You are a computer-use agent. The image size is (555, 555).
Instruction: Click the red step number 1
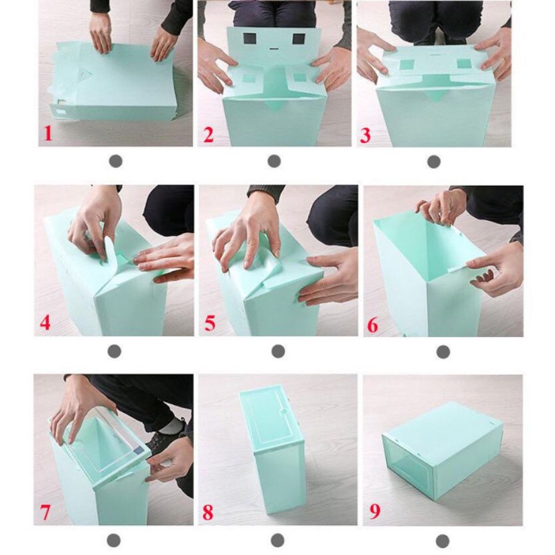(48, 133)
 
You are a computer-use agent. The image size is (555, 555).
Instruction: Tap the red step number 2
(208, 135)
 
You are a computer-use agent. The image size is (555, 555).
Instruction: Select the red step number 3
(365, 135)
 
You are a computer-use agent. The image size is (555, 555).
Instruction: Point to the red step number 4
(45, 323)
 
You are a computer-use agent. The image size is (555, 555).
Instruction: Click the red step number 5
(210, 323)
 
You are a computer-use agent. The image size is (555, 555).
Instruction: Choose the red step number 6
(373, 325)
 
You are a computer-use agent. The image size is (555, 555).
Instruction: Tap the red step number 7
(45, 512)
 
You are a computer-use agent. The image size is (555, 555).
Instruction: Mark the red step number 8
(208, 512)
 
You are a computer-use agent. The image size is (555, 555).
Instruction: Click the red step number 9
(375, 511)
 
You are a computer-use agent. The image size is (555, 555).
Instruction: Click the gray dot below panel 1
(115, 161)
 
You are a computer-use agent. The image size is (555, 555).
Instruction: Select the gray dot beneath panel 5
(278, 351)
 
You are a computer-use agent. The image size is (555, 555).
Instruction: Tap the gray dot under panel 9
(443, 541)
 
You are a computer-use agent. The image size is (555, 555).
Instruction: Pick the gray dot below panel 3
(434, 162)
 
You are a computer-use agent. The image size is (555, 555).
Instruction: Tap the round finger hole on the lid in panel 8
(284, 411)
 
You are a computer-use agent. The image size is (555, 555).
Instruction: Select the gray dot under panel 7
(114, 541)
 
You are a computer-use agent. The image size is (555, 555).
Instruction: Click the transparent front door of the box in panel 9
(411, 468)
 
